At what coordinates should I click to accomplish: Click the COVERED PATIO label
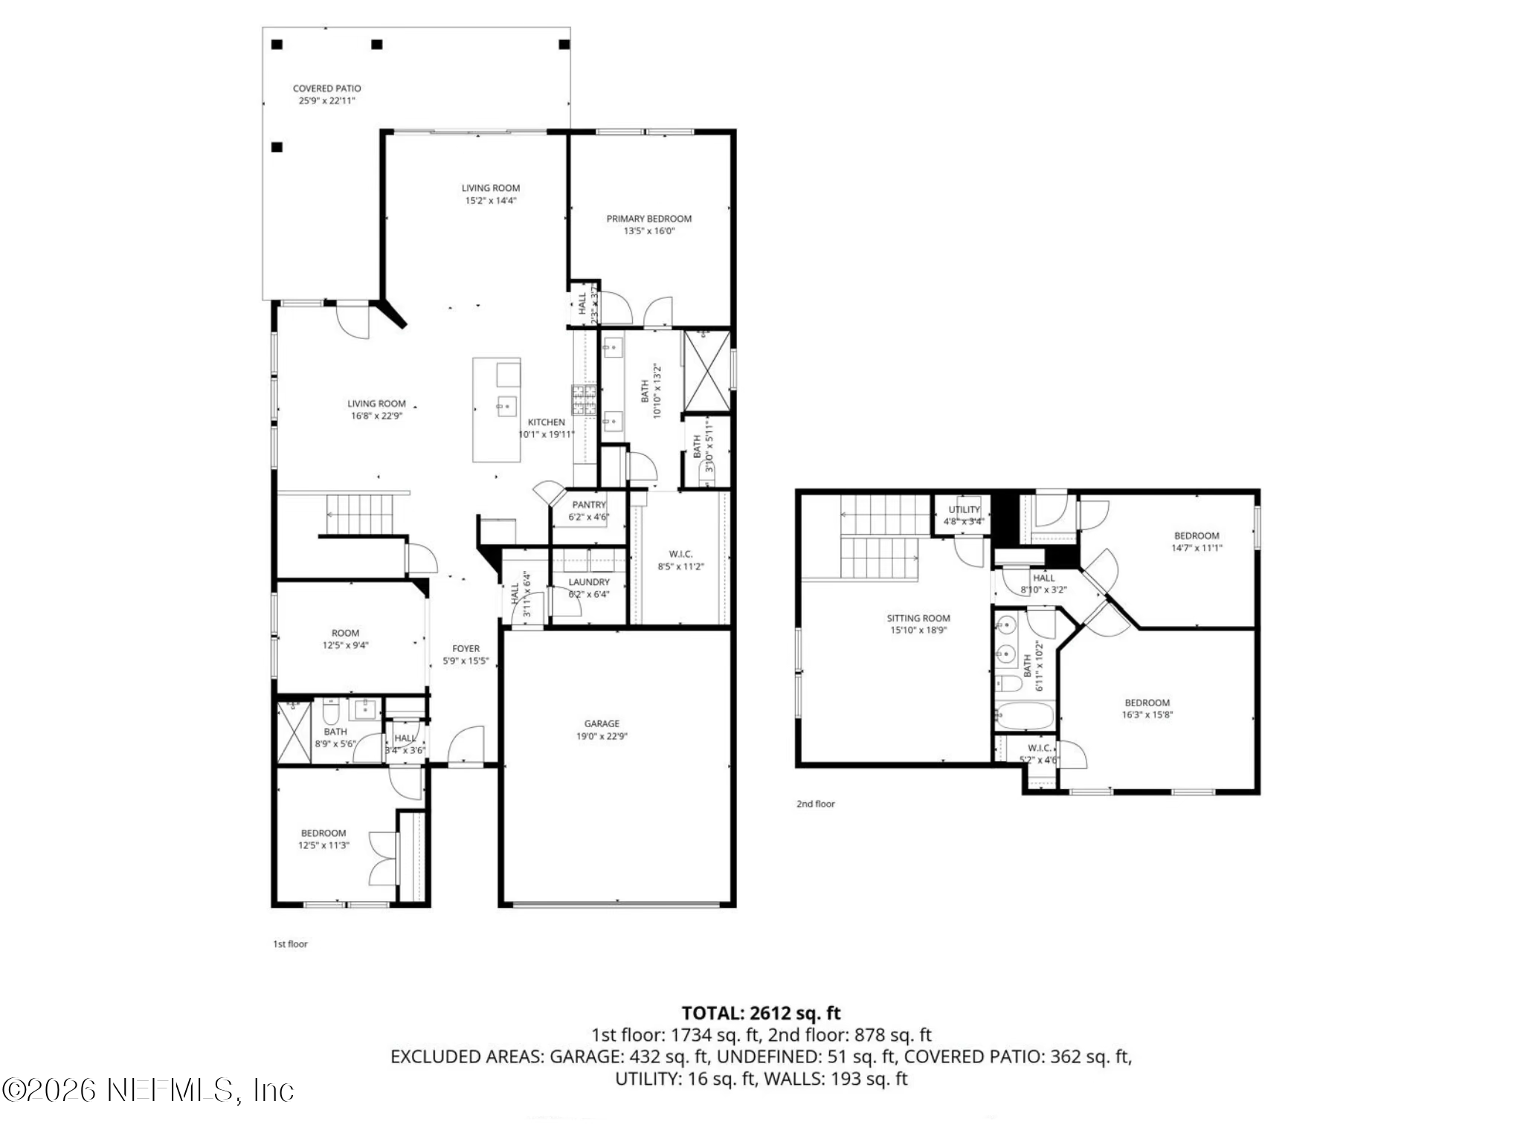(x=326, y=88)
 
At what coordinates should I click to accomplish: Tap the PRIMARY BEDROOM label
(x=648, y=219)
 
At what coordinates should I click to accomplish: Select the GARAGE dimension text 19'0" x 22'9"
(x=601, y=736)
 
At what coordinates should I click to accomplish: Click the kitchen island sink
(x=506, y=406)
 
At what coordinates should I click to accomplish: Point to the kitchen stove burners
(x=584, y=399)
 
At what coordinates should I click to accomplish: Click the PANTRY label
(x=589, y=505)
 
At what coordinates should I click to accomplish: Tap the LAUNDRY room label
(x=589, y=582)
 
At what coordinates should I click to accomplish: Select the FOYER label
(x=466, y=648)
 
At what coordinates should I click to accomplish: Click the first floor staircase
(x=360, y=513)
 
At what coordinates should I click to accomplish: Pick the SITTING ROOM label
(x=918, y=618)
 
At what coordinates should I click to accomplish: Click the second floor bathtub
(x=1024, y=717)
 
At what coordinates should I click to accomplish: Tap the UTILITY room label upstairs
(x=964, y=509)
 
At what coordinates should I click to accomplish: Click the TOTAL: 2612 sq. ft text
(x=761, y=1013)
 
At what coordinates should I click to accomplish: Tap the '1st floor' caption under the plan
(x=290, y=943)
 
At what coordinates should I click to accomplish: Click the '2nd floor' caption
(x=815, y=804)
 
